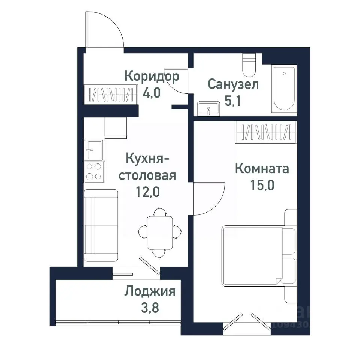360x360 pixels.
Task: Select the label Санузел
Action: coord(233,84)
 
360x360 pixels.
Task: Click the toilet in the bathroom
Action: coord(248,65)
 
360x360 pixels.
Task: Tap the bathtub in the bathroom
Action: coord(284,88)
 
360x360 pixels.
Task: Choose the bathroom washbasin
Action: coord(209,108)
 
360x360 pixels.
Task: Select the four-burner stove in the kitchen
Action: coord(94,171)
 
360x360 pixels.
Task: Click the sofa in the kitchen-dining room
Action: coord(100,225)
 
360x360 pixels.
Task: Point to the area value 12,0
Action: coord(147,192)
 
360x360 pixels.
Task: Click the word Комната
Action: coord(262,169)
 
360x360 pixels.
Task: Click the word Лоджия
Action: coord(150,291)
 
